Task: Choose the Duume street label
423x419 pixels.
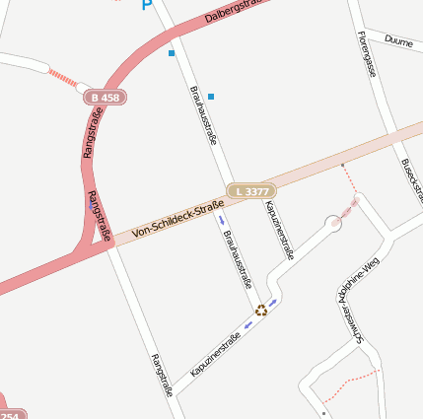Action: click(398, 41)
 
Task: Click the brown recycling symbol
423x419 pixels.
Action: click(261, 310)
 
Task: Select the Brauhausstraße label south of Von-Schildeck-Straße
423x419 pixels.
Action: click(238, 258)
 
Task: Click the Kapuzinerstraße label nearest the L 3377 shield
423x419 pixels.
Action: click(279, 230)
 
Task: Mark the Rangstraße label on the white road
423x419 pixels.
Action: click(162, 375)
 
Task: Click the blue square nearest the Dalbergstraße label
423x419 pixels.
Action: click(172, 52)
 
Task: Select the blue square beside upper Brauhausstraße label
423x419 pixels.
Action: click(211, 97)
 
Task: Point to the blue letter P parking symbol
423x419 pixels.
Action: click(147, 5)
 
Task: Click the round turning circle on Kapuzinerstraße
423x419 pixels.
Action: click(334, 224)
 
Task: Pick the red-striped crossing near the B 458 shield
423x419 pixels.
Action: click(62, 77)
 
